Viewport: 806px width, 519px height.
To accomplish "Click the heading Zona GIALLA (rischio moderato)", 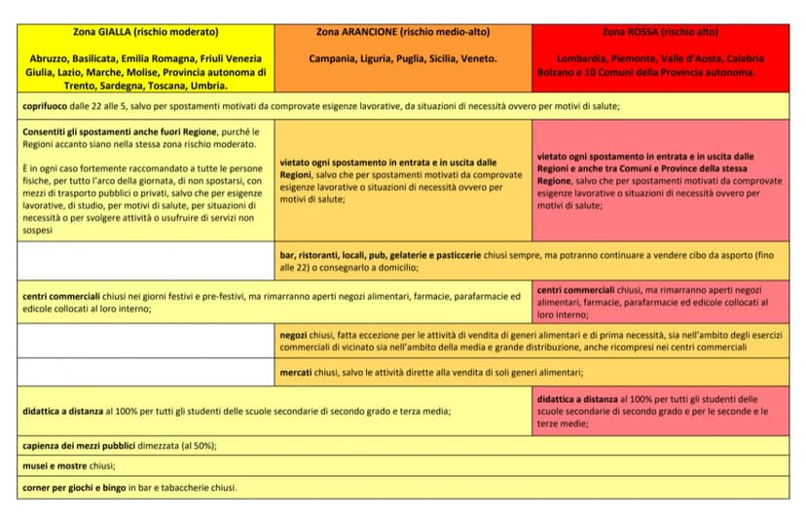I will (x=146, y=31).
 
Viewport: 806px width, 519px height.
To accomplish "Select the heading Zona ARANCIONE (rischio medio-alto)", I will (x=403, y=31).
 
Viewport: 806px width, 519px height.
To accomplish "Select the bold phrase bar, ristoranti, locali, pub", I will (x=334, y=253).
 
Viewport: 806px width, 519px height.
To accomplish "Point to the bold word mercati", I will (x=298, y=372).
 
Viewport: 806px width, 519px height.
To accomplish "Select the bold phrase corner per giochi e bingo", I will (x=74, y=487).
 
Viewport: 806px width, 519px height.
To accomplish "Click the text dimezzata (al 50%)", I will (x=179, y=445).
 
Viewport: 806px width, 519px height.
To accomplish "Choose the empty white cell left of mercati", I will (x=146, y=372).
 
